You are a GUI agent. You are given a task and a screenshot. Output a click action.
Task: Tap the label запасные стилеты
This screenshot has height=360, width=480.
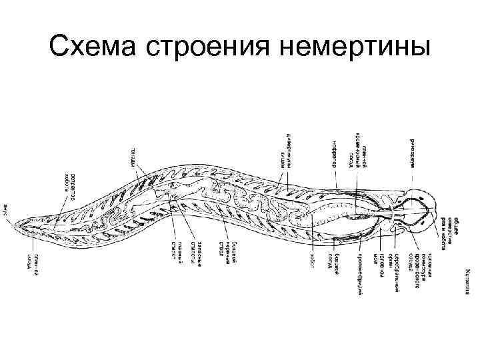coord(197,254)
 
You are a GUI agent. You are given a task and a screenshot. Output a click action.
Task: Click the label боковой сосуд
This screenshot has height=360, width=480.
coord(339,263)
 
